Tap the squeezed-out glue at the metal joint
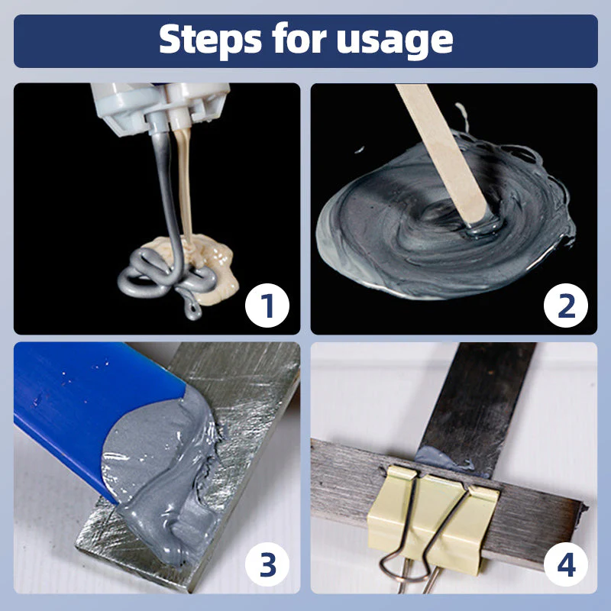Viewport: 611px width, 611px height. coord(447,457)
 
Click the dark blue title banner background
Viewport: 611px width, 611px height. coord(76,40)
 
